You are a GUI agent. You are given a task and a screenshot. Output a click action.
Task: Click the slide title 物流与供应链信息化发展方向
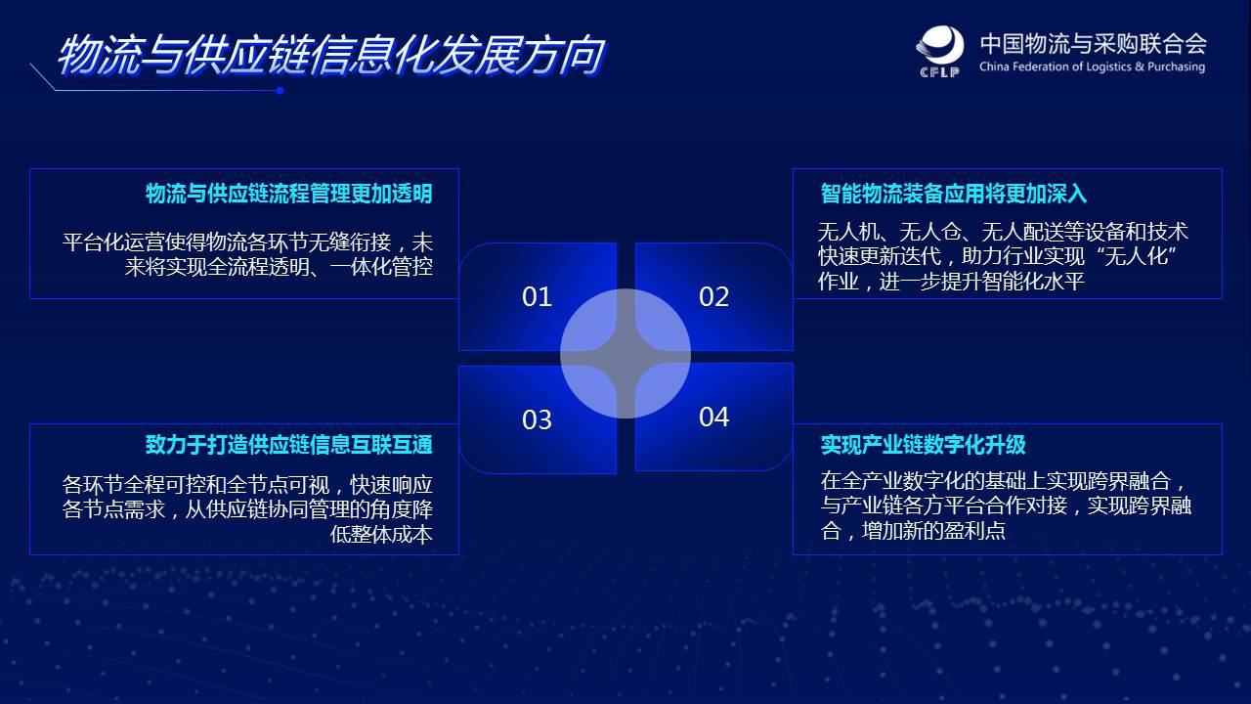[x=331, y=55]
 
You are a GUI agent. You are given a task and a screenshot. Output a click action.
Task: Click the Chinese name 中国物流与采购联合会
[x=1093, y=44]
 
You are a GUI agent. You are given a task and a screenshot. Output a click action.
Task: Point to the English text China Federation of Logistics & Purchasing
[x=1092, y=66]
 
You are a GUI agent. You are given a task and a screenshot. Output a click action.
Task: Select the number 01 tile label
[x=537, y=296]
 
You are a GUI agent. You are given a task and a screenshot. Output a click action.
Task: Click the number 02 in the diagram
[x=713, y=296]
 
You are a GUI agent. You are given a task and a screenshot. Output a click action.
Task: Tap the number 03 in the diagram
[x=537, y=419]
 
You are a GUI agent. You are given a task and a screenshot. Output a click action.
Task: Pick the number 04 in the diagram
[x=713, y=417]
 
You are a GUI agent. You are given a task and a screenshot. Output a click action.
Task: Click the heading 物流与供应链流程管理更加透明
[x=288, y=194]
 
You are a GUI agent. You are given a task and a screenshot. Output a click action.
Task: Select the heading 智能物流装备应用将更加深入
[x=953, y=194]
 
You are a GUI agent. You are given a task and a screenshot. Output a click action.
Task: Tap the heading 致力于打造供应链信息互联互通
[x=288, y=444]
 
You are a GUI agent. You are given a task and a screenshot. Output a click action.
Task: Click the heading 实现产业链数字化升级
[x=923, y=444]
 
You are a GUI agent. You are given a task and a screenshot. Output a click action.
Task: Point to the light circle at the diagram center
[x=625, y=353]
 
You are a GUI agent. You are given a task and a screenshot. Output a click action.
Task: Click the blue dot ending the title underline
[x=280, y=91]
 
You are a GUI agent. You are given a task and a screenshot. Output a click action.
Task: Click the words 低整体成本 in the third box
[x=381, y=534]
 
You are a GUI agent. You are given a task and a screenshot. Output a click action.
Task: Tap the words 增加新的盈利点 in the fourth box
[x=933, y=530]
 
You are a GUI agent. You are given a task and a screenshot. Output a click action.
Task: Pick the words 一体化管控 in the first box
[x=381, y=267]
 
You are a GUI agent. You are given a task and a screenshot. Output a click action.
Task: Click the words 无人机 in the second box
[x=848, y=232]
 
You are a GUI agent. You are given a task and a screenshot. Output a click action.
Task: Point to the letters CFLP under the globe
[x=939, y=71]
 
